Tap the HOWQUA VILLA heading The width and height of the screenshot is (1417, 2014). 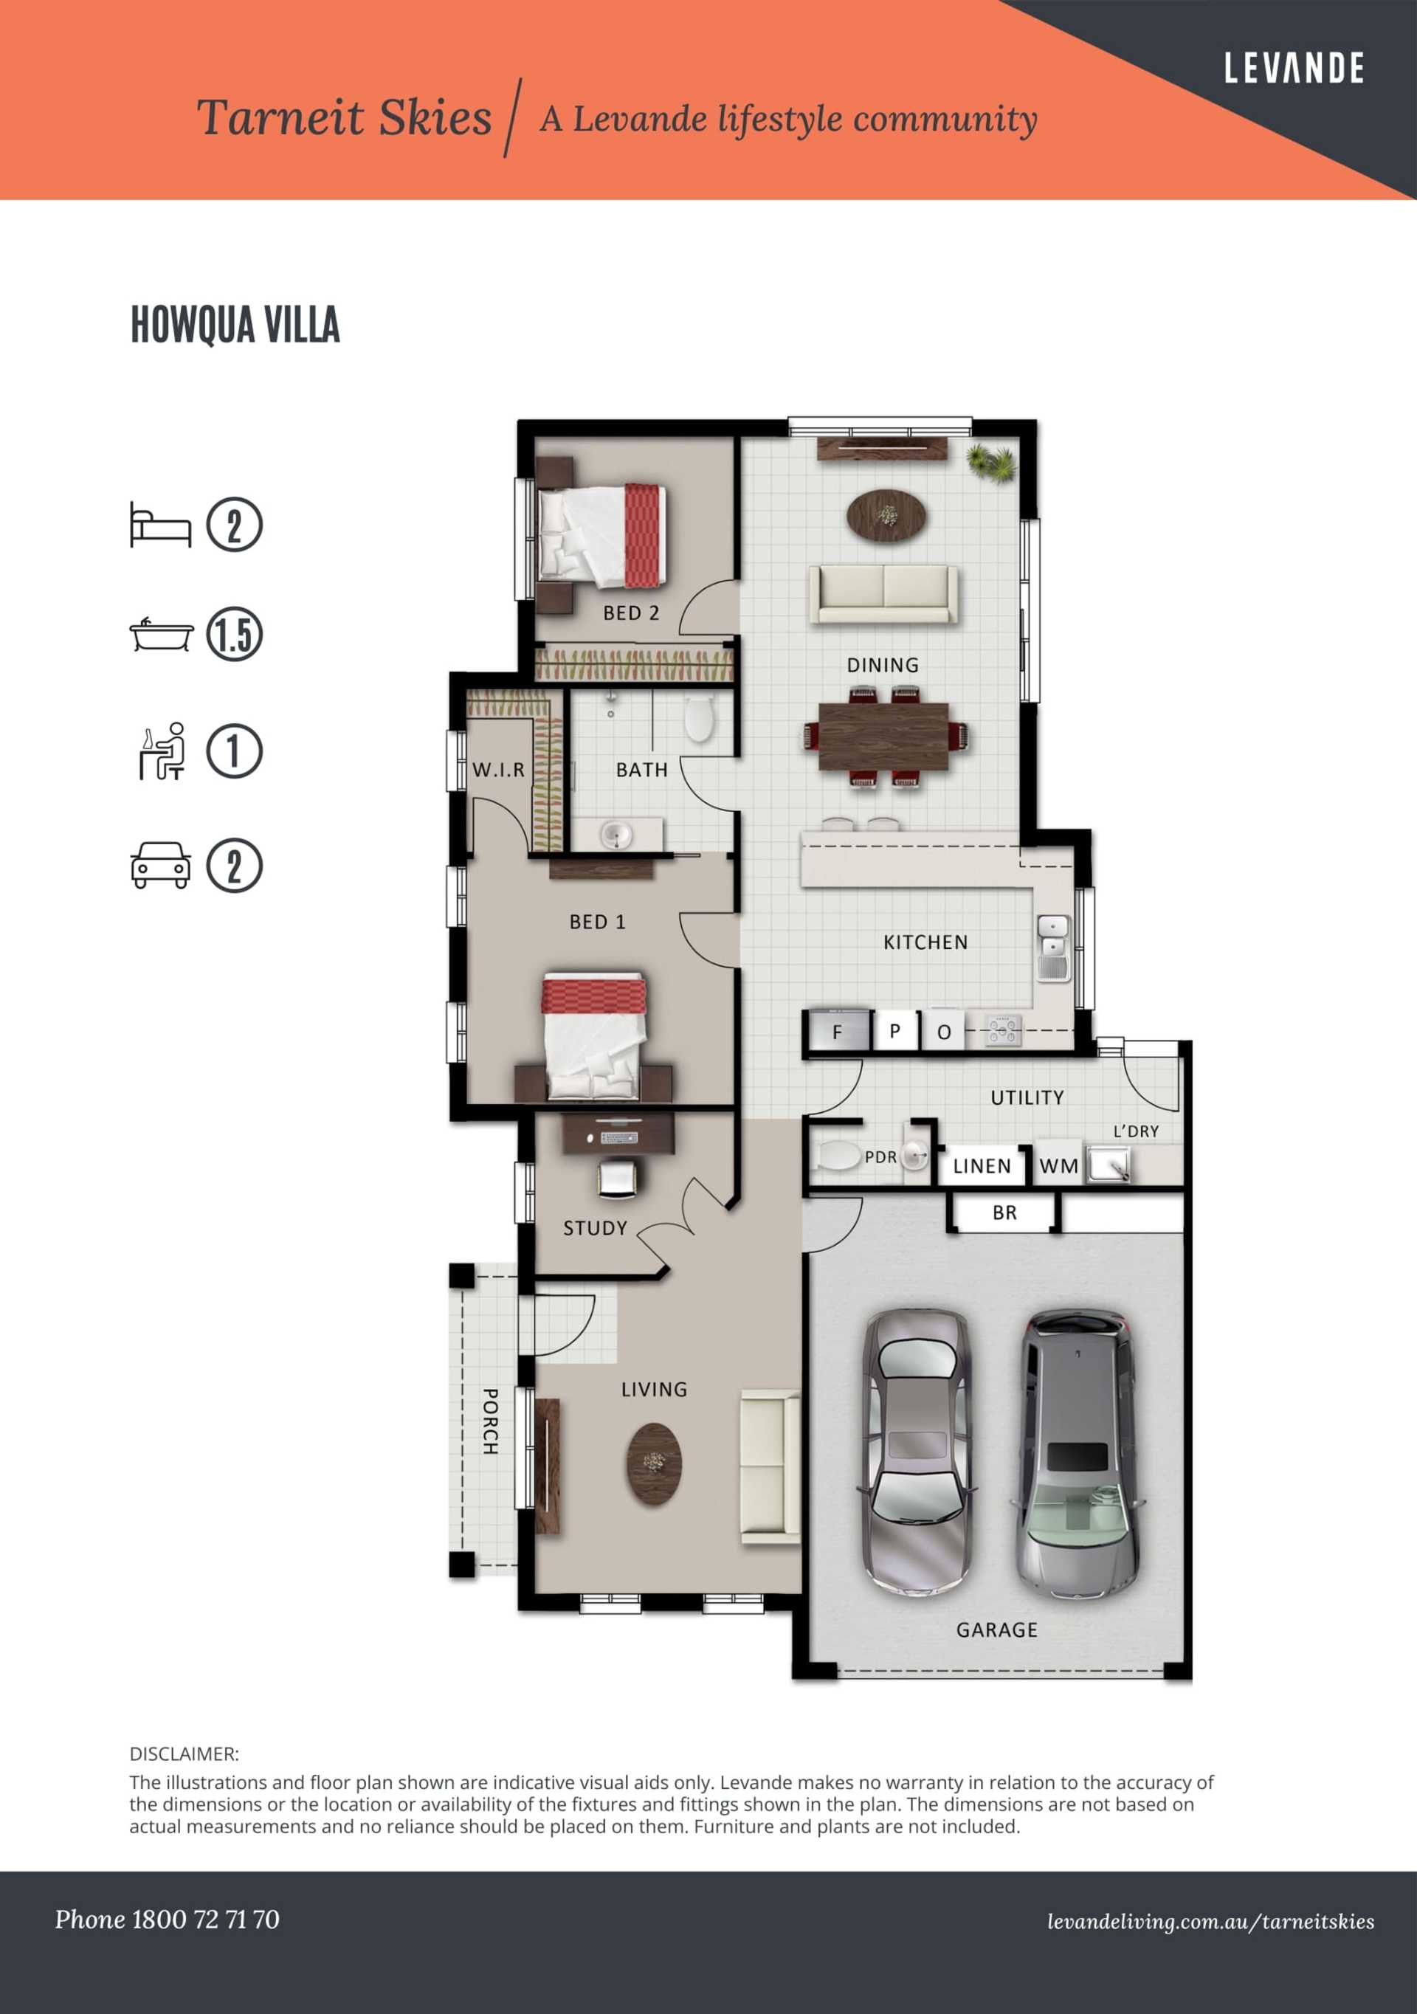(235, 325)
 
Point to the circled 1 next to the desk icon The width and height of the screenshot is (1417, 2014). (234, 751)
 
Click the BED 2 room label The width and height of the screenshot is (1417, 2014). (631, 613)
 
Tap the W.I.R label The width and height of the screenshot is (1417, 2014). (498, 769)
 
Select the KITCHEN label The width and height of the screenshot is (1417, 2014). (925, 942)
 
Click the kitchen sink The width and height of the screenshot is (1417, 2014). (1053, 948)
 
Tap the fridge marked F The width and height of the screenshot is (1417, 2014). (838, 1031)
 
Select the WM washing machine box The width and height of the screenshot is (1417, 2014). (1058, 1165)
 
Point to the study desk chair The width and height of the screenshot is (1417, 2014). (618, 1177)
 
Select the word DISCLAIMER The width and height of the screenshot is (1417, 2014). (183, 1753)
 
